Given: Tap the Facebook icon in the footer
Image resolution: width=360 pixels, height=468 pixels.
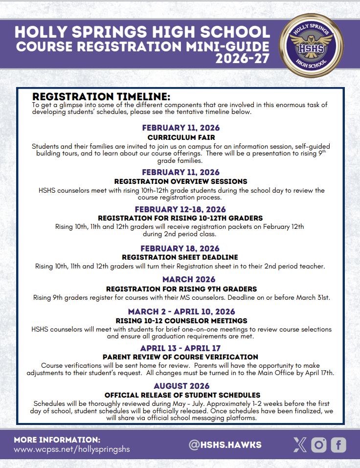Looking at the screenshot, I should [338, 445].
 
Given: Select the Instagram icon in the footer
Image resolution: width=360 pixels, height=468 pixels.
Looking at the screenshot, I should [319, 445].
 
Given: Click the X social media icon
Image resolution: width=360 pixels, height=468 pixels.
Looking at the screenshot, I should [300, 445].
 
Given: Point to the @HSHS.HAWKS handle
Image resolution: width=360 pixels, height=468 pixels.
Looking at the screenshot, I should [225, 445].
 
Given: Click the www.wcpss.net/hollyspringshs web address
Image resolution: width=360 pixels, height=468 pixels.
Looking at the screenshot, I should [72, 449].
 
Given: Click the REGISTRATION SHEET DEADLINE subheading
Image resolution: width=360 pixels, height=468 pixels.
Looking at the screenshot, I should [180, 257].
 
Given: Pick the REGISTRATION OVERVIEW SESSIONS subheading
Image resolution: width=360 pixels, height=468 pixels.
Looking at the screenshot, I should [180, 181].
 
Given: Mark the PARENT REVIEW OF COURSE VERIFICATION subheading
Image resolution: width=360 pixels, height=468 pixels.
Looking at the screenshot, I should [180, 357].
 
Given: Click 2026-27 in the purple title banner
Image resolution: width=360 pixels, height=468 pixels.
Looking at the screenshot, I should [243, 60].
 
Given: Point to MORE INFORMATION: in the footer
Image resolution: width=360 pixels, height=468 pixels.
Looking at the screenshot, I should [57, 440].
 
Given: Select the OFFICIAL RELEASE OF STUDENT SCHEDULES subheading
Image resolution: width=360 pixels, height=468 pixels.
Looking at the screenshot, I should [182, 395].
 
